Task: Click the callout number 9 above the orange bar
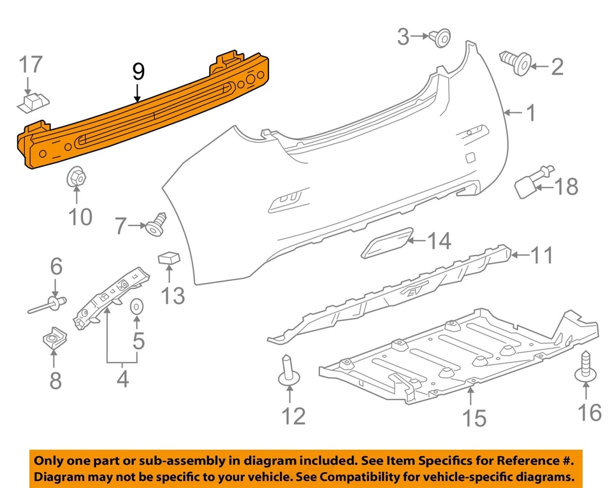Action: [138, 72]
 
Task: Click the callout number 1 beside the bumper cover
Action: [530, 114]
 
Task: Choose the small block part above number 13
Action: [168, 257]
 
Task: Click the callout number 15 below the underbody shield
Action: [475, 419]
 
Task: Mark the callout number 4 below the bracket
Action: [122, 380]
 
